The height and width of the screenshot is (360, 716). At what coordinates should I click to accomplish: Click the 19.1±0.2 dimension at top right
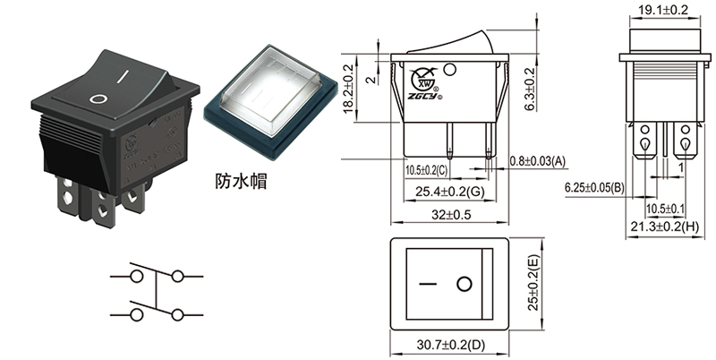pyautogui.click(x=662, y=11)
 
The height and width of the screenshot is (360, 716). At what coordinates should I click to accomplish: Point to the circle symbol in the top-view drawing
pyautogui.click(x=464, y=285)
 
